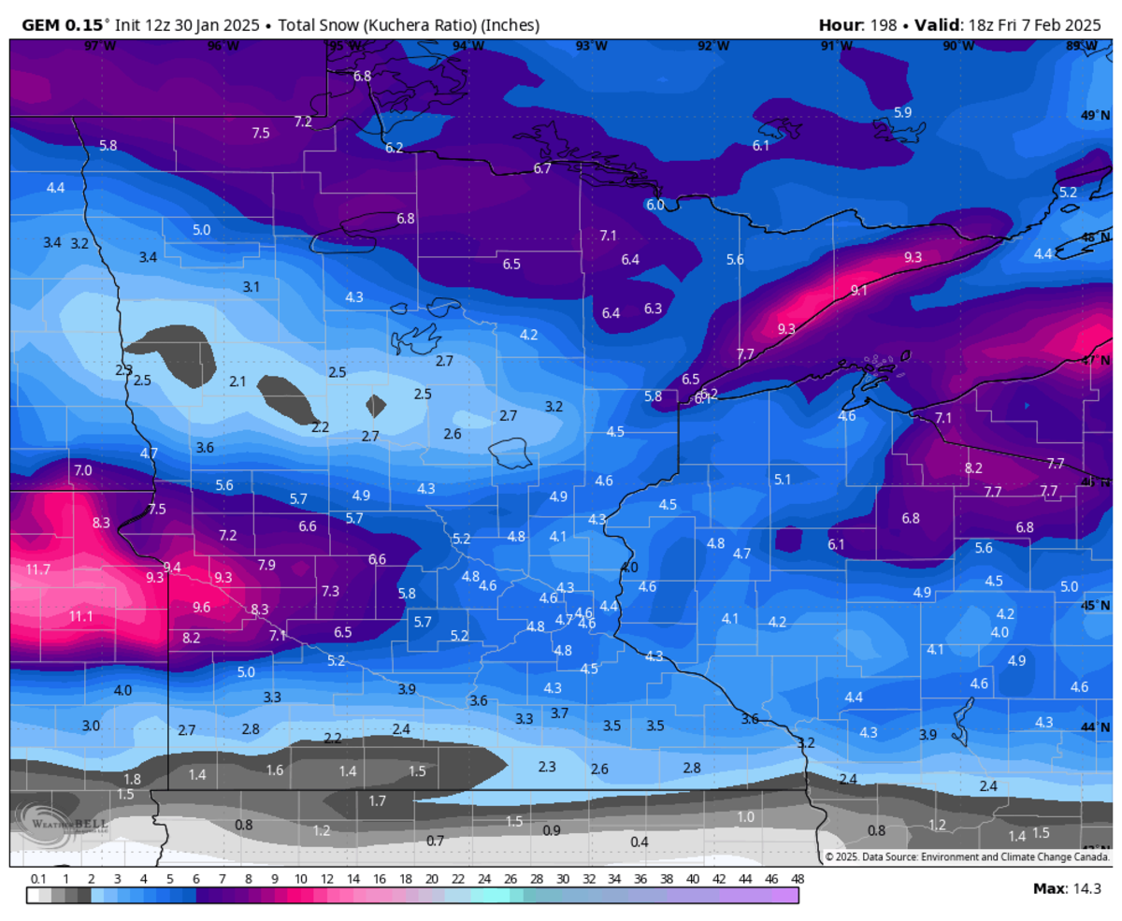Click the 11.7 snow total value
click(x=38, y=569)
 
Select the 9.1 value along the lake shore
click(x=858, y=291)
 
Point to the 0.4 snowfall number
click(x=640, y=842)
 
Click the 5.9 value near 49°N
click(x=902, y=112)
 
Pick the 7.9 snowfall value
click(x=266, y=565)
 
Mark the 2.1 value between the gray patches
click(x=237, y=381)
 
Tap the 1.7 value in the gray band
click(x=378, y=800)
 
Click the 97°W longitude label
click(x=93, y=46)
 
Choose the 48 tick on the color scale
click(x=798, y=879)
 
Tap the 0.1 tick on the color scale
click(x=38, y=879)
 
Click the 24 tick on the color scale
click(x=483, y=879)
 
